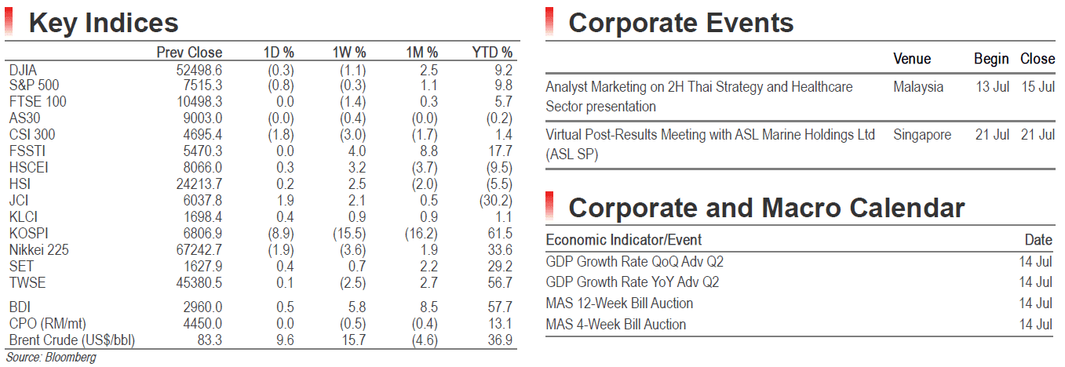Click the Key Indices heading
(x=104, y=24)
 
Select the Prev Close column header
(x=189, y=53)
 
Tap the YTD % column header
(x=492, y=53)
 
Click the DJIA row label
(x=23, y=71)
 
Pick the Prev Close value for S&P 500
(x=202, y=85)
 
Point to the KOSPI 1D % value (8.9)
(x=281, y=234)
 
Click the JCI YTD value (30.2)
(x=496, y=200)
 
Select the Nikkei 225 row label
(x=39, y=249)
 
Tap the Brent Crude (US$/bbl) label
(x=71, y=340)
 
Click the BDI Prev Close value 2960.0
(x=202, y=307)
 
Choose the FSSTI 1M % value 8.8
(x=429, y=151)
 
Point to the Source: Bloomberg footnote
(x=51, y=357)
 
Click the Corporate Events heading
(x=681, y=24)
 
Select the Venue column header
(x=912, y=59)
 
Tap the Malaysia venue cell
(x=918, y=87)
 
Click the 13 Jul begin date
(x=992, y=87)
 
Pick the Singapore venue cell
(x=922, y=135)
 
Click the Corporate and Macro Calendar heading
(x=767, y=208)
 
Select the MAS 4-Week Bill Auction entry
(x=616, y=325)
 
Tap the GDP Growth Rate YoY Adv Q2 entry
(x=633, y=282)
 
